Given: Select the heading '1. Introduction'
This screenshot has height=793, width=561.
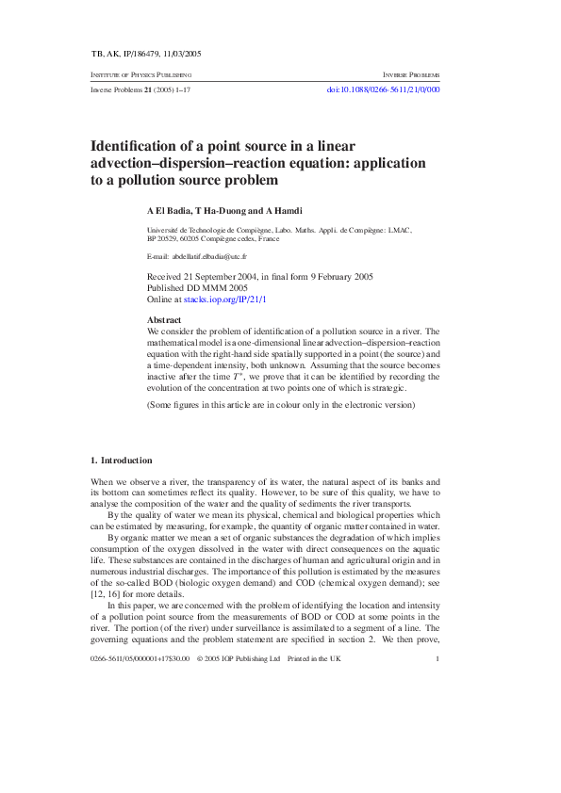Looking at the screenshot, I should click(x=121, y=460).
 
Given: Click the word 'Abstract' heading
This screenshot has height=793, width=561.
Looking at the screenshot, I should click(x=165, y=320).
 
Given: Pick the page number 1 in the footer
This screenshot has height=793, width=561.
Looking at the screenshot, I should click(x=438, y=764).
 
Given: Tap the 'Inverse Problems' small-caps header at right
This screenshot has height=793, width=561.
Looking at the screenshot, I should click(x=411, y=74).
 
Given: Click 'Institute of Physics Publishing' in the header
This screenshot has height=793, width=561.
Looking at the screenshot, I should click(x=140, y=74).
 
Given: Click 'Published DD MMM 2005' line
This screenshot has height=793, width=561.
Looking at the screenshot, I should click(x=198, y=286).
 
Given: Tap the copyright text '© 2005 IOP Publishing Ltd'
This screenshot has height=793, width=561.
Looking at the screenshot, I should click(x=239, y=764).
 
